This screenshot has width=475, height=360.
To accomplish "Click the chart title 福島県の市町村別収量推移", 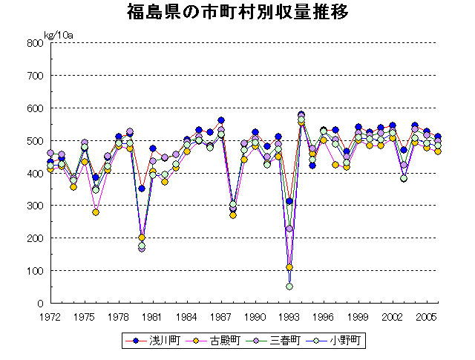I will click(237, 13).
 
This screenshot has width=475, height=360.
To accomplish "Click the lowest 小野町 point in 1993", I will click(289, 287).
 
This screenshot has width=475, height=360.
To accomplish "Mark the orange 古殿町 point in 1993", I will click(289, 267).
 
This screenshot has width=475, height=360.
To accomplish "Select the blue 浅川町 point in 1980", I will click(141, 189).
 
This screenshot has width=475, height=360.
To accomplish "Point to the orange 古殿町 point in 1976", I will click(96, 212).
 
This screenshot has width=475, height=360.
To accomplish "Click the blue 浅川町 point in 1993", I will click(289, 201).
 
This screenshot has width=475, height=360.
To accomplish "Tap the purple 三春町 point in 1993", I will click(289, 229).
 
